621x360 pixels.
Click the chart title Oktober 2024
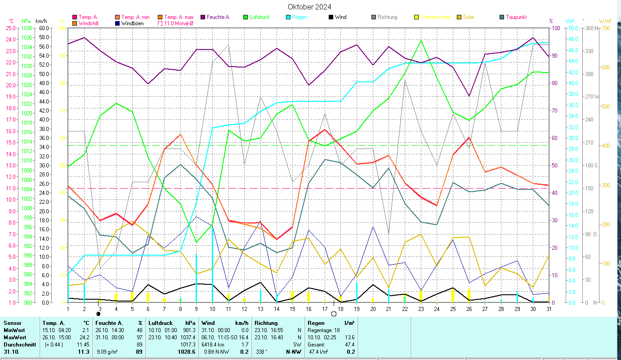tap(309, 7)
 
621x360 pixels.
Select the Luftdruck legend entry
tap(258, 17)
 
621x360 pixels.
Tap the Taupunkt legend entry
tap(516, 17)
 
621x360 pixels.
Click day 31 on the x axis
tap(549, 308)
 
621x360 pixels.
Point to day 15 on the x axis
tap(292, 308)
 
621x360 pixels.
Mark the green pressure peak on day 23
tap(421, 40)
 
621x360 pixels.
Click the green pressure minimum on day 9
tap(196, 243)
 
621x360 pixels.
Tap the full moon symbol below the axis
tap(334, 314)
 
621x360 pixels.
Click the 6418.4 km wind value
tap(214, 344)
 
